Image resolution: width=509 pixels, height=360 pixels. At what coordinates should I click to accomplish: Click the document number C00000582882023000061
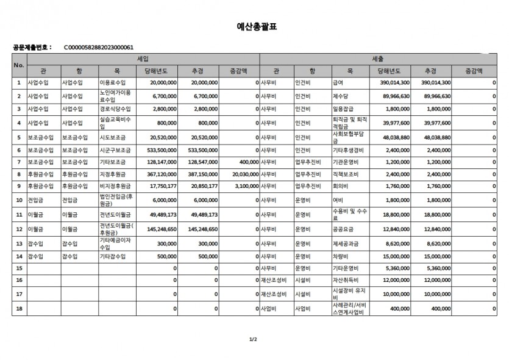[x=98, y=47]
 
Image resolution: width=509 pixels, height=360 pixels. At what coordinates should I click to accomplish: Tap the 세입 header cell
[x=143, y=59]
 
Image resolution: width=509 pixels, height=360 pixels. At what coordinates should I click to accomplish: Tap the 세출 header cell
[x=378, y=59]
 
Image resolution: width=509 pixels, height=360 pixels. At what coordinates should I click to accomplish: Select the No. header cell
[x=19, y=65]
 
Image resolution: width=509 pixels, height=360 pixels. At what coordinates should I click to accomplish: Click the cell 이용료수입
[x=113, y=82]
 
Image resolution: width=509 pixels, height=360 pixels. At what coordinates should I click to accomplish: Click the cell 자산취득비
[x=345, y=279]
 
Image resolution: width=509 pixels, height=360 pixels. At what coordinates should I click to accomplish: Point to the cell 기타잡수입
[x=113, y=257]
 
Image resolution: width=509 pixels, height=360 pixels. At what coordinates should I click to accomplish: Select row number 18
[x=19, y=309]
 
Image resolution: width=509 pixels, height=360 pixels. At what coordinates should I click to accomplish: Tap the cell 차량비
[x=340, y=257]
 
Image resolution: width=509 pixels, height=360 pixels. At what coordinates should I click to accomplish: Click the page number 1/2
[x=254, y=339]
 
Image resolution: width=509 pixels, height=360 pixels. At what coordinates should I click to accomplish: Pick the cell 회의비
[x=340, y=185]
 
